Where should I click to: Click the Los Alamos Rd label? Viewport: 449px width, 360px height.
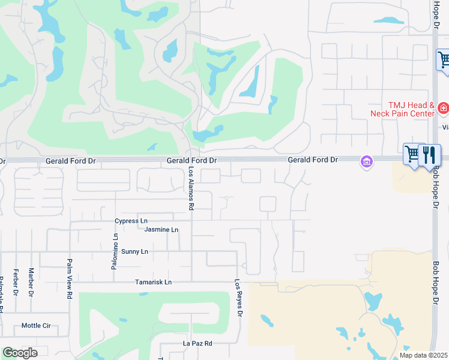(x=191, y=188)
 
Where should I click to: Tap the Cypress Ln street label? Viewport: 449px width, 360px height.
(x=131, y=221)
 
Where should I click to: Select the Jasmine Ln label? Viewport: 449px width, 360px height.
(x=161, y=230)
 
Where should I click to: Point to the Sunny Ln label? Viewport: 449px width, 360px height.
(x=134, y=252)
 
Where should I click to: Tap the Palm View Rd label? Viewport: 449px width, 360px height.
(x=70, y=279)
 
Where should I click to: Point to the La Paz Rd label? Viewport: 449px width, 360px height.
(x=197, y=344)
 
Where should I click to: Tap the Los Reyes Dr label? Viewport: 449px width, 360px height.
(x=239, y=298)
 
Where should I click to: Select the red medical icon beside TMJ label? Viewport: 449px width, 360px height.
(x=443, y=109)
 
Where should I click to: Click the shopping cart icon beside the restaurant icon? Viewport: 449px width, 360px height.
(x=413, y=154)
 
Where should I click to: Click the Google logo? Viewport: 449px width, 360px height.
(x=19, y=353)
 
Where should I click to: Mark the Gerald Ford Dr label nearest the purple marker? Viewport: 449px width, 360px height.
(x=313, y=160)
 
